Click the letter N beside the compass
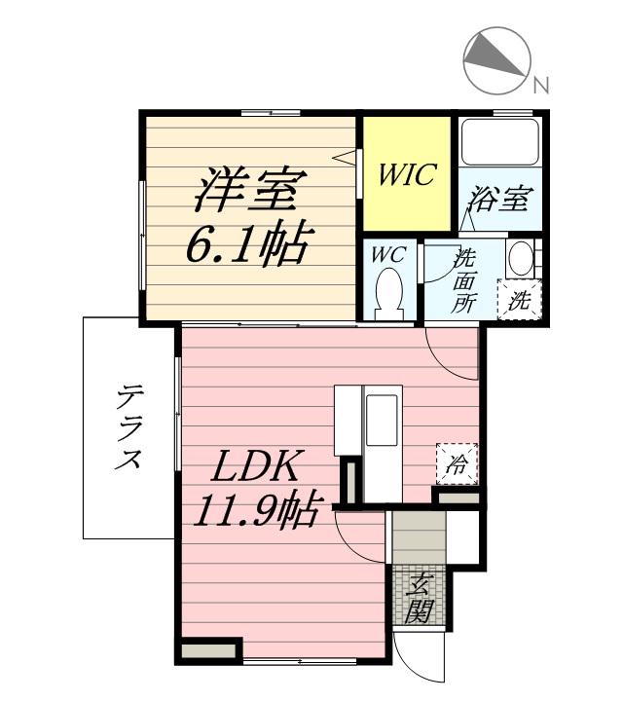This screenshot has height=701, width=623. (541, 86)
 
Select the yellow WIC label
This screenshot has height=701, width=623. (407, 175)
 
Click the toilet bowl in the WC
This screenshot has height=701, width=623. (389, 291)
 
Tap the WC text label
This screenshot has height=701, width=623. (389, 254)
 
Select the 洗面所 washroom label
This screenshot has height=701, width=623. (465, 280)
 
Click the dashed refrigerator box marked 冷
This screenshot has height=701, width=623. (457, 463)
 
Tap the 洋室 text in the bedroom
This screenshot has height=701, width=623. (250, 189)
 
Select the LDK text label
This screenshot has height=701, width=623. (255, 467)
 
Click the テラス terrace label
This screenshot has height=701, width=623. (128, 428)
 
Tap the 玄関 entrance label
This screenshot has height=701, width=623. (420, 598)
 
